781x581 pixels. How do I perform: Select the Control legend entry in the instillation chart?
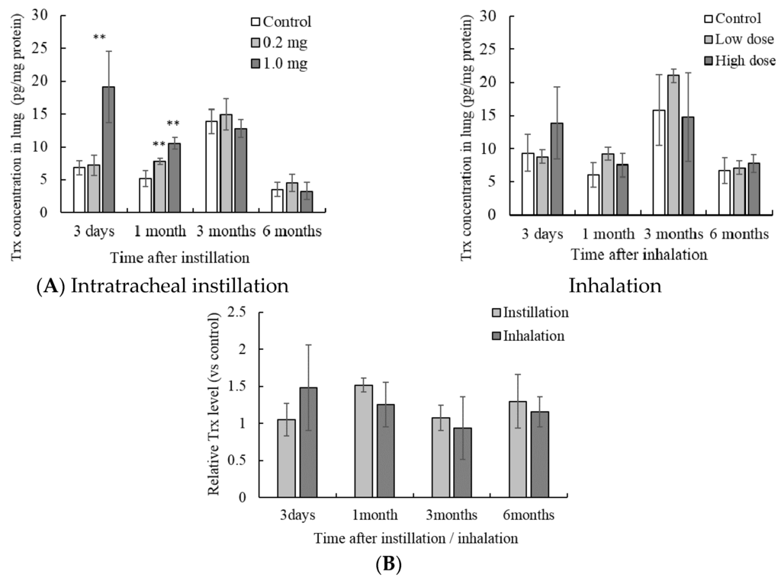point(278,21)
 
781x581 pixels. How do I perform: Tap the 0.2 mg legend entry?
point(278,42)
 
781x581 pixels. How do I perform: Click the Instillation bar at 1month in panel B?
point(364,441)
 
